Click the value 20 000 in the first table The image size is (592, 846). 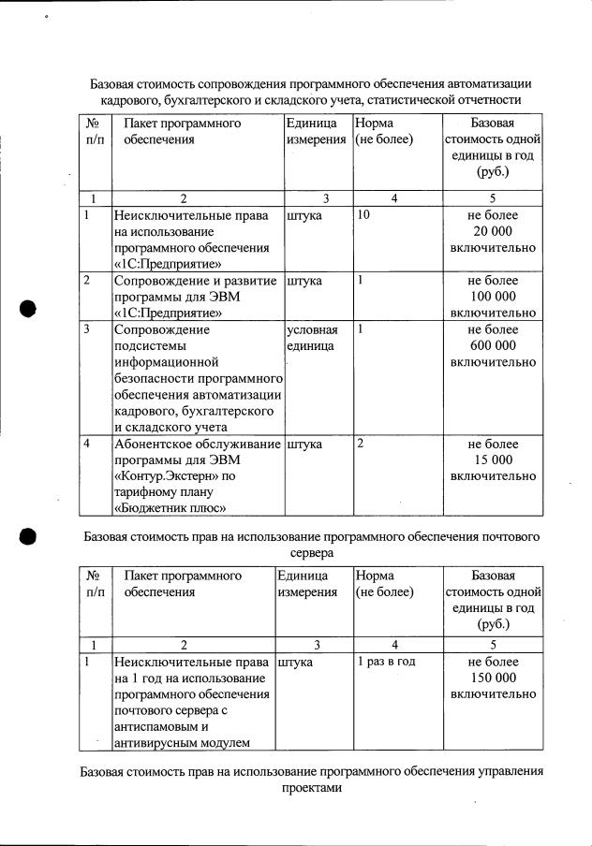[x=493, y=231]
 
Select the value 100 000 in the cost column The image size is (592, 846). [x=493, y=296]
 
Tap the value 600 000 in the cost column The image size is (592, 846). [x=493, y=345]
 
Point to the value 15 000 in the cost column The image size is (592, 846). [x=493, y=459]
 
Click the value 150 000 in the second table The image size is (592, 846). [x=493, y=678]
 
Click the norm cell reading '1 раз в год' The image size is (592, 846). [x=386, y=662]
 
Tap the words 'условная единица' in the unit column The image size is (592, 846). [x=312, y=338]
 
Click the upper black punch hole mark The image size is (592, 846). [x=27, y=310]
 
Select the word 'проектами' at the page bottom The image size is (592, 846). [x=312, y=789]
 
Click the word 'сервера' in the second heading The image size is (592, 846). [x=312, y=553]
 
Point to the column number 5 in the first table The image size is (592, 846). [x=493, y=197]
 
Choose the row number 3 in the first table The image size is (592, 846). [x=86, y=329]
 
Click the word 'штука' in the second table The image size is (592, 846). [x=295, y=662]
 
